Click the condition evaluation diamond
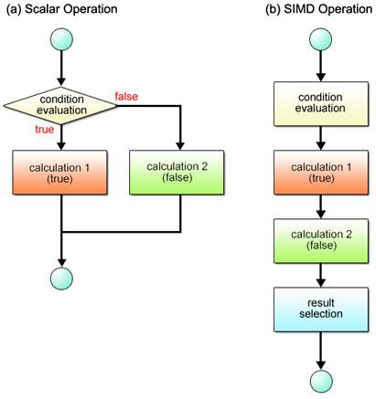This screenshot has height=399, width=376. (60, 106)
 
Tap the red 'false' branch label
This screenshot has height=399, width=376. (126, 97)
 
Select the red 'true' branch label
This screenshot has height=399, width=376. (45, 130)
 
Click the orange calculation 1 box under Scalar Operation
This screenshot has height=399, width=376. (59, 173)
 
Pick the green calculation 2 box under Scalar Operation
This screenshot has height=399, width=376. (177, 173)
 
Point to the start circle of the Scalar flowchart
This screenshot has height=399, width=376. (61, 39)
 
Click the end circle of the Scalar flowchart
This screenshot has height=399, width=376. (61, 278)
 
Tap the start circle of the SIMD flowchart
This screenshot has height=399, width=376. (320, 39)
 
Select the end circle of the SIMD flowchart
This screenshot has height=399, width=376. (321, 382)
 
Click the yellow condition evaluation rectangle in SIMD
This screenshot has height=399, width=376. (321, 104)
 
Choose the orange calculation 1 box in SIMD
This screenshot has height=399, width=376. (321, 173)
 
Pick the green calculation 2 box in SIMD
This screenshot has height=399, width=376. (321, 241)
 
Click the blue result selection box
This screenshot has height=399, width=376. (321, 310)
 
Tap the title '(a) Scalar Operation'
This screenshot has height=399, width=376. (62, 9)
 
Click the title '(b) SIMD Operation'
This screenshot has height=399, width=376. (319, 9)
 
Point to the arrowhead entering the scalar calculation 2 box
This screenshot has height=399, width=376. (180, 146)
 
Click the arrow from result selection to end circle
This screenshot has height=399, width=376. (321, 351)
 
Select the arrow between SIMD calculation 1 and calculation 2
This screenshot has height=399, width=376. (321, 206)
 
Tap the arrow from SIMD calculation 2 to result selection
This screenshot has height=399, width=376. (321, 275)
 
